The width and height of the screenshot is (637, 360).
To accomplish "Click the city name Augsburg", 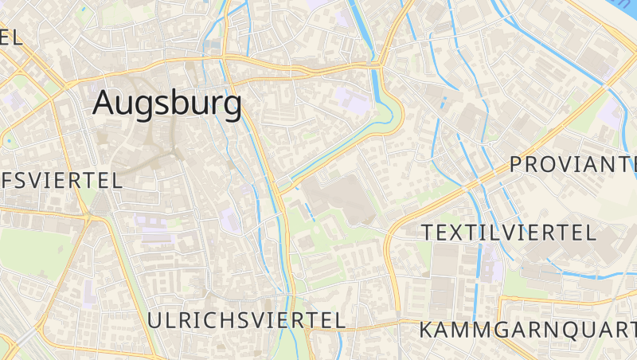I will (167, 104).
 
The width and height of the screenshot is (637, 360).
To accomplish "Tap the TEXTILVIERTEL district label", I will (509, 233).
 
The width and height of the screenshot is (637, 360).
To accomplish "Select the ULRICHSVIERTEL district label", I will (246, 320).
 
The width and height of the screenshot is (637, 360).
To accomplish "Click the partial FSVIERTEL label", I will (62, 180).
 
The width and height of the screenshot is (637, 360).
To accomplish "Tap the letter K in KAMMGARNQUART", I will (427, 329).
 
